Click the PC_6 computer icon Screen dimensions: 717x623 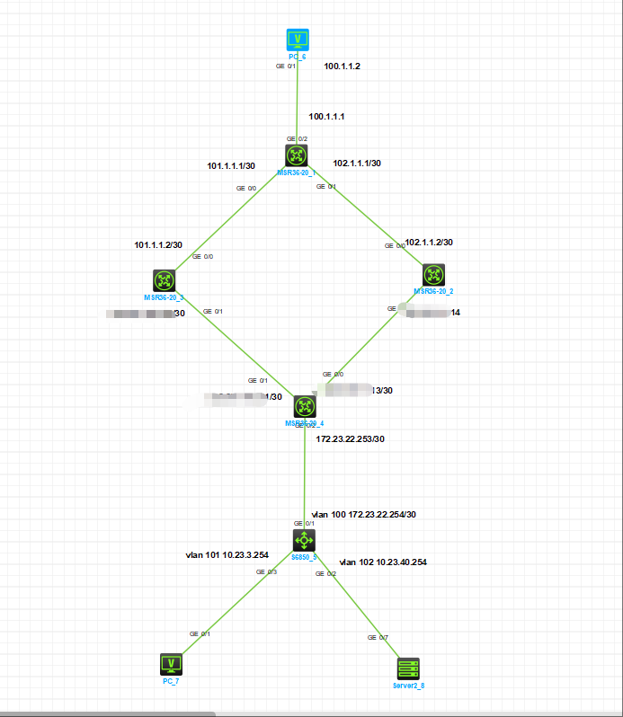pyautogui.click(x=298, y=40)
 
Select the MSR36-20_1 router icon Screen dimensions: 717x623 pyautogui.click(x=297, y=155)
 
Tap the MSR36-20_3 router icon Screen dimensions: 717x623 pyautogui.click(x=165, y=280)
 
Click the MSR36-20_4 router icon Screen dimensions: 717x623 pyautogui.click(x=305, y=406)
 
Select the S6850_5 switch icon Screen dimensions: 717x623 pyautogui.click(x=305, y=539)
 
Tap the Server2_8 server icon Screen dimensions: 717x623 pyautogui.click(x=409, y=668)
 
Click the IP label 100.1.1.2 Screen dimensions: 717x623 pyautogui.click(x=343, y=66)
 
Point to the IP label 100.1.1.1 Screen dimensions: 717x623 pyautogui.click(x=327, y=117)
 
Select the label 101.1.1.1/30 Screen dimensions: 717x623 pyautogui.click(x=231, y=165)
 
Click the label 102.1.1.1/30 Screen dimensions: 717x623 pyautogui.click(x=357, y=164)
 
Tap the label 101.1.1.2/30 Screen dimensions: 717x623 pyautogui.click(x=158, y=244)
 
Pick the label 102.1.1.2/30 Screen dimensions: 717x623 pyautogui.click(x=429, y=243)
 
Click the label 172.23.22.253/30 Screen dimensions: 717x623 pyautogui.click(x=351, y=438)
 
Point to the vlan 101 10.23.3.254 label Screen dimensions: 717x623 pyautogui.click(x=227, y=554)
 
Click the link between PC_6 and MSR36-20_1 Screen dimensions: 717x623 pyautogui.click(x=297, y=99)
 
